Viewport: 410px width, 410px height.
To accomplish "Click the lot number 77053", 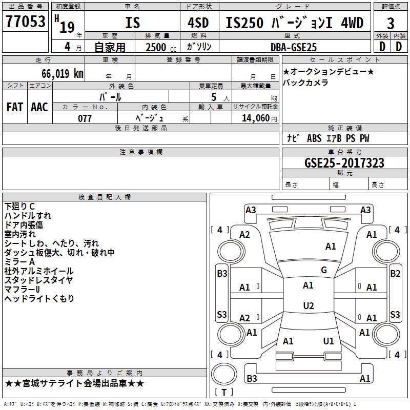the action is (x=25, y=22).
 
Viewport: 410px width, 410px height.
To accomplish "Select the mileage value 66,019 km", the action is (x=63, y=74).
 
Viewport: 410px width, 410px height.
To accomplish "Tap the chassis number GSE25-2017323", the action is (x=344, y=163).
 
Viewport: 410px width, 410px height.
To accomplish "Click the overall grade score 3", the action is (x=391, y=23).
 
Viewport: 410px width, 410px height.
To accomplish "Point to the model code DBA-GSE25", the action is (x=294, y=47).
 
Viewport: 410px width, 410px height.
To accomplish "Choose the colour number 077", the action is (x=85, y=118).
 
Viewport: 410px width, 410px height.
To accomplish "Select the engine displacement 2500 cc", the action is (x=161, y=47).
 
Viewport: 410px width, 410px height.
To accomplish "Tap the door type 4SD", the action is (x=198, y=23).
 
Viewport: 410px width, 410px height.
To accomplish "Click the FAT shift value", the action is (x=15, y=107).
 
